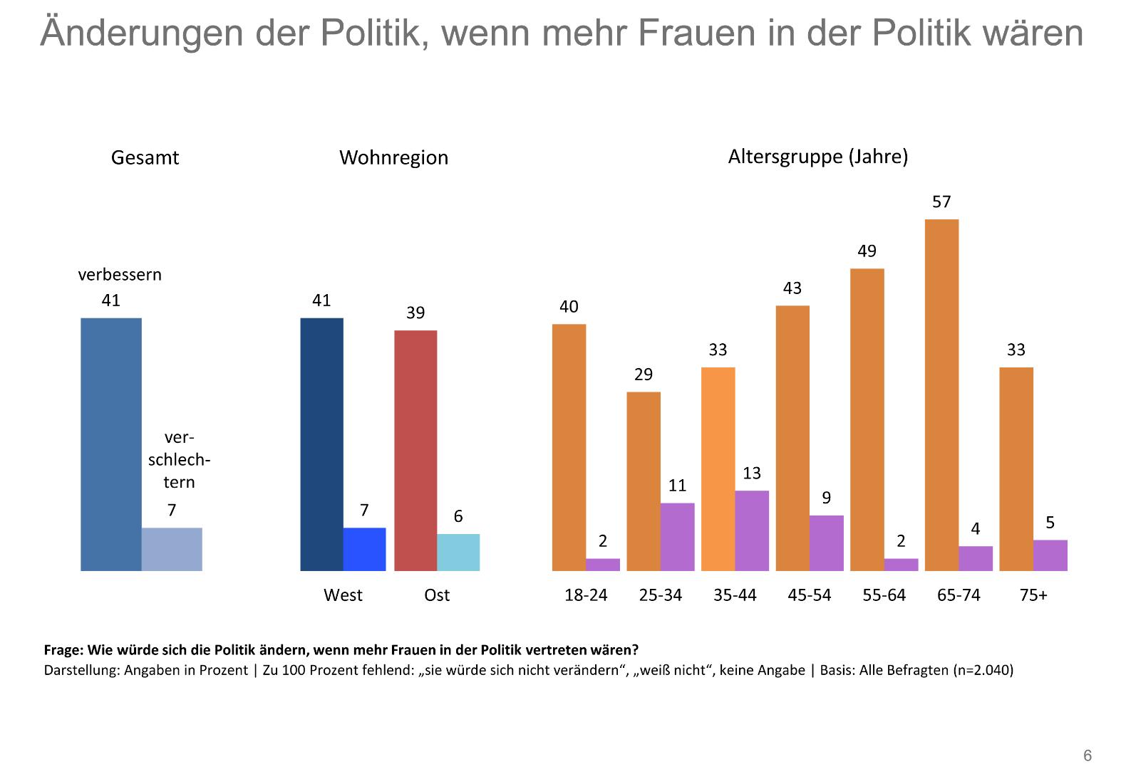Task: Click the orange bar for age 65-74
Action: pyautogui.click(x=941, y=395)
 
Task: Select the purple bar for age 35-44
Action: pyautogui.click(x=752, y=530)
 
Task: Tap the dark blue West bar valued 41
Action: pyautogui.click(x=321, y=444)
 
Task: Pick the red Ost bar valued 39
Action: pyautogui.click(x=415, y=451)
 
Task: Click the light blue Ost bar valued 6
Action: pyautogui.click(x=458, y=553)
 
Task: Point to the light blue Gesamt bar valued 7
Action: pyautogui.click(x=172, y=549)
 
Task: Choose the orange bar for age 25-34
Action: pyautogui.click(x=644, y=481)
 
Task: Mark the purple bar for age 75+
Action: pyautogui.click(x=1050, y=555)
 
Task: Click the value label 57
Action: pyautogui.click(x=941, y=202)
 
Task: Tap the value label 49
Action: pyautogui.click(x=867, y=251)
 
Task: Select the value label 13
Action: pyautogui.click(x=752, y=474)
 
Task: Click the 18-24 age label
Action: pyautogui.click(x=586, y=595)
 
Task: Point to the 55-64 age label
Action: pyautogui.click(x=884, y=595)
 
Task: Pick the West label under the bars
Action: pyautogui.click(x=343, y=595)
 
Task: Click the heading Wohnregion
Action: pyautogui.click(x=393, y=157)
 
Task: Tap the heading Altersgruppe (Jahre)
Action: pyautogui.click(x=817, y=157)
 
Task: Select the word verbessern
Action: pyautogui.click(x=120, y=275)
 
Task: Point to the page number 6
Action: pyautogui.click(x=1088, y=755)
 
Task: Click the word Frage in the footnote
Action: pyautogui.click(x=63, y=650)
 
